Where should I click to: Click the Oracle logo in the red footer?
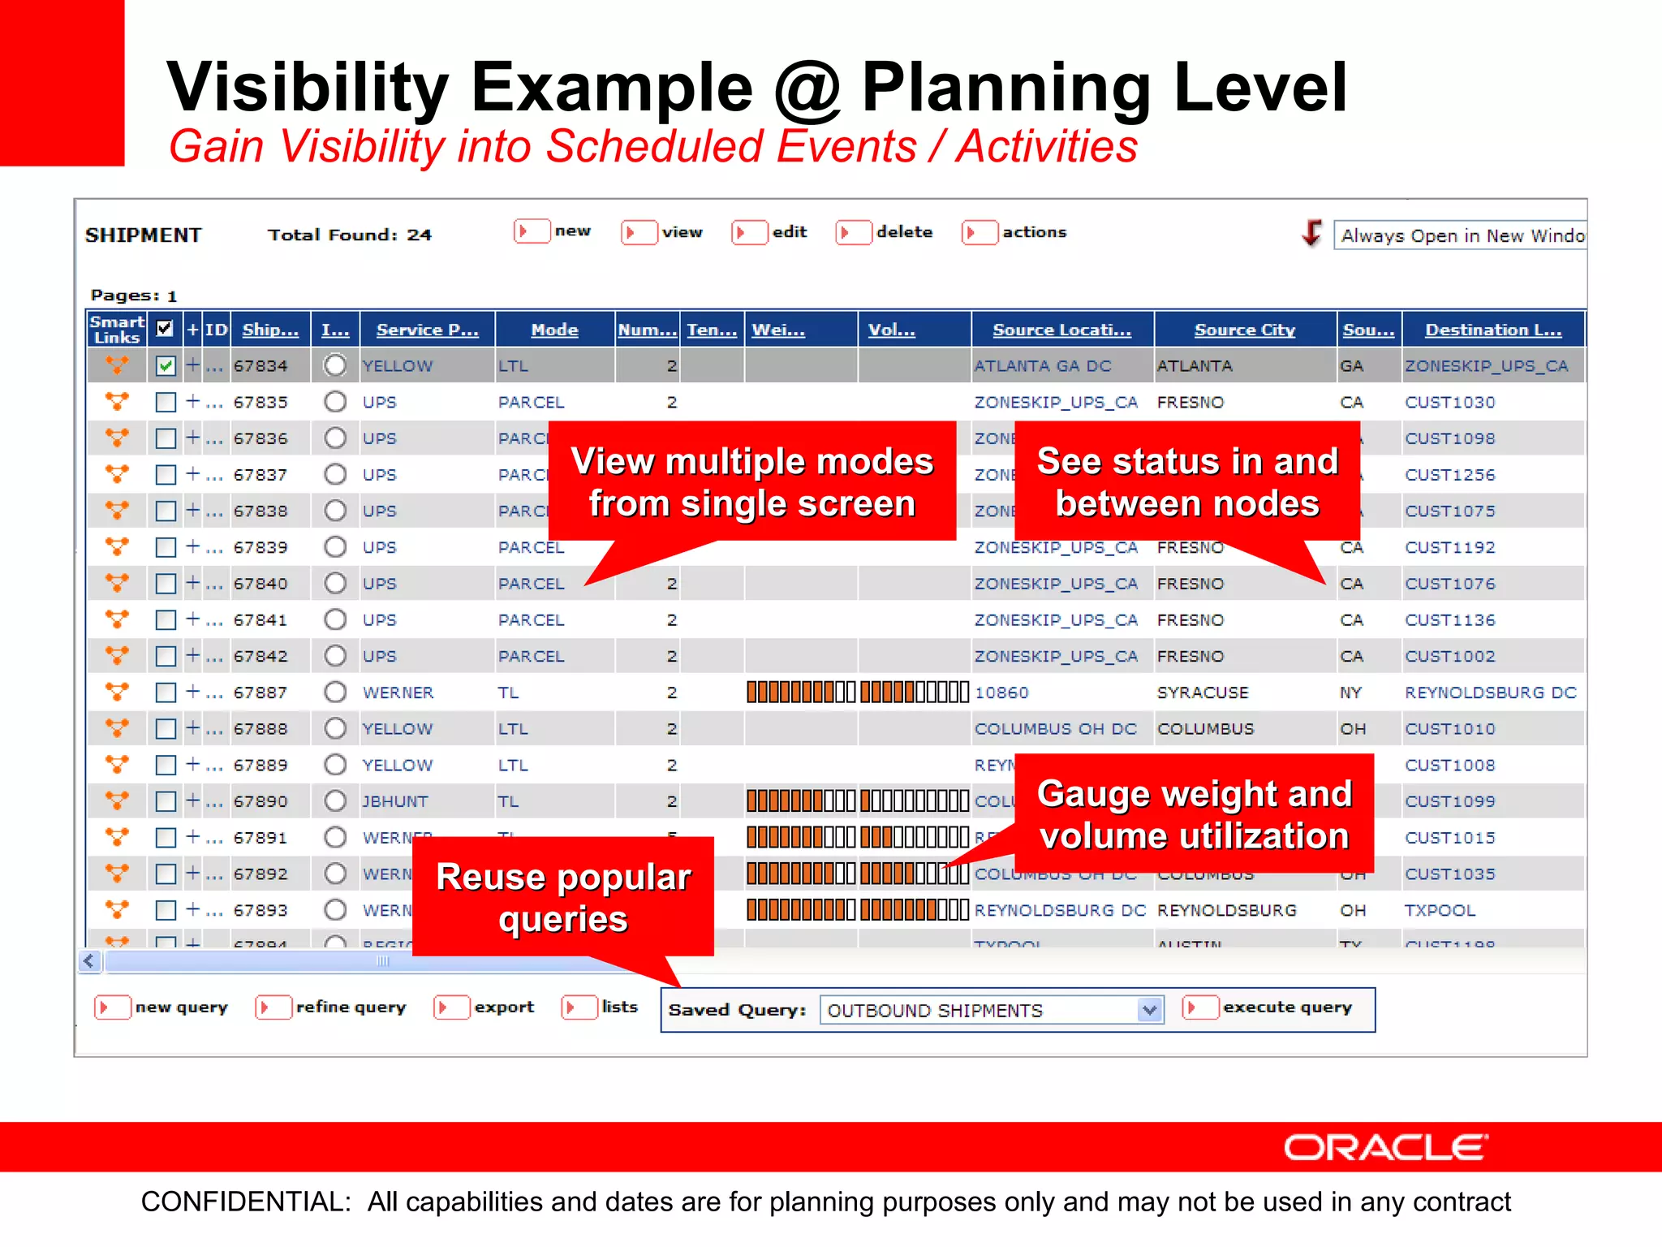[1385, 1147]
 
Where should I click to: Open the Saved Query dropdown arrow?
[1149, 1010]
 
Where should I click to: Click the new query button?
[162, 1008]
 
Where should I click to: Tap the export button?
[485, 1008]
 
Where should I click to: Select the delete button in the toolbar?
[885, 232]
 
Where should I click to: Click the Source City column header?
[1244, 330]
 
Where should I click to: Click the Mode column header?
[554, 330]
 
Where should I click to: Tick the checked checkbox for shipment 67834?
[166, 366]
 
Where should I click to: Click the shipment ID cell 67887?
[260, 693]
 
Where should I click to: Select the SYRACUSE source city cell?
[1203, 693]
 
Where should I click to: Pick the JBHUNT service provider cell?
[395, 801]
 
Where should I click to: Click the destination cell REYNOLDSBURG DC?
[1490, 693]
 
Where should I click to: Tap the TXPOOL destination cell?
[1440, 910]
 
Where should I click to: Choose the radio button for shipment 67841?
[335, 619]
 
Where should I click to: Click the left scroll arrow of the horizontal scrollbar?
[89, 961]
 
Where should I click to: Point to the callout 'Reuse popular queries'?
[563, 897]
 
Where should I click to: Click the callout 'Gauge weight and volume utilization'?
[1194, 813]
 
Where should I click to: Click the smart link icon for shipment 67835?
[117, 402]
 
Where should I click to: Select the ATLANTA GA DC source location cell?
[1043, 366]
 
